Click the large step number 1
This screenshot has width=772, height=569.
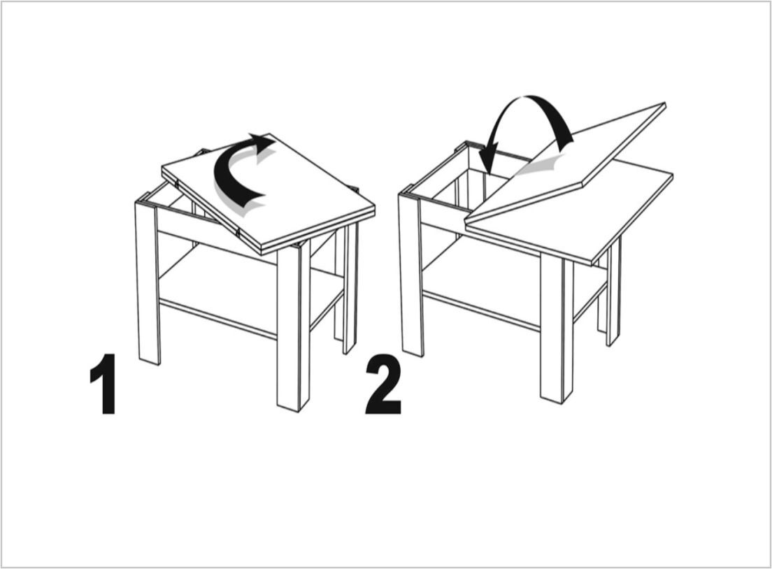click(103, 384)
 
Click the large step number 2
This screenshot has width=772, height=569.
click(383, 385)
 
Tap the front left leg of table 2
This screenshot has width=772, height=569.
click(411, 275)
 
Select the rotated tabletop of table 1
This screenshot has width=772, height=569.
click(269, 192)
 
